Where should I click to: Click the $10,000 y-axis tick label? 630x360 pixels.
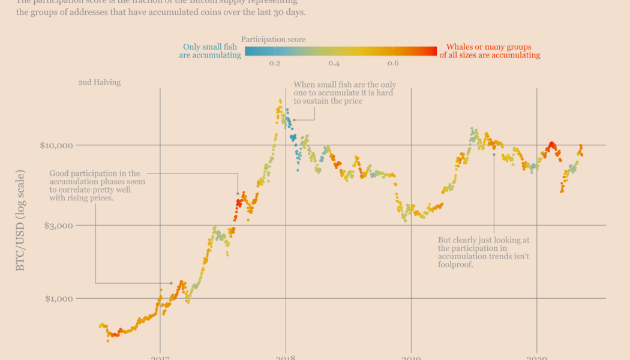pos(56,145)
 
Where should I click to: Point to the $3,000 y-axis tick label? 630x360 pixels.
pos(58,226)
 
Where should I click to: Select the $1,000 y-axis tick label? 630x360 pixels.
pos(58,298)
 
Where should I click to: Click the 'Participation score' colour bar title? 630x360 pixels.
pos(273,40)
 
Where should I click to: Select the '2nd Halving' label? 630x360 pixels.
pos(99,82)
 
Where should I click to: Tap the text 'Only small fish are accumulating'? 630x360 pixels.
pos(210,51)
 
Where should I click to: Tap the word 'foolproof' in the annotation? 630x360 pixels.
pos(456,264)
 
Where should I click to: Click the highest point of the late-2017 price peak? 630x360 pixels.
pos(280,100)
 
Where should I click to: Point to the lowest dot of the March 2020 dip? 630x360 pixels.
pos(562,191)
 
